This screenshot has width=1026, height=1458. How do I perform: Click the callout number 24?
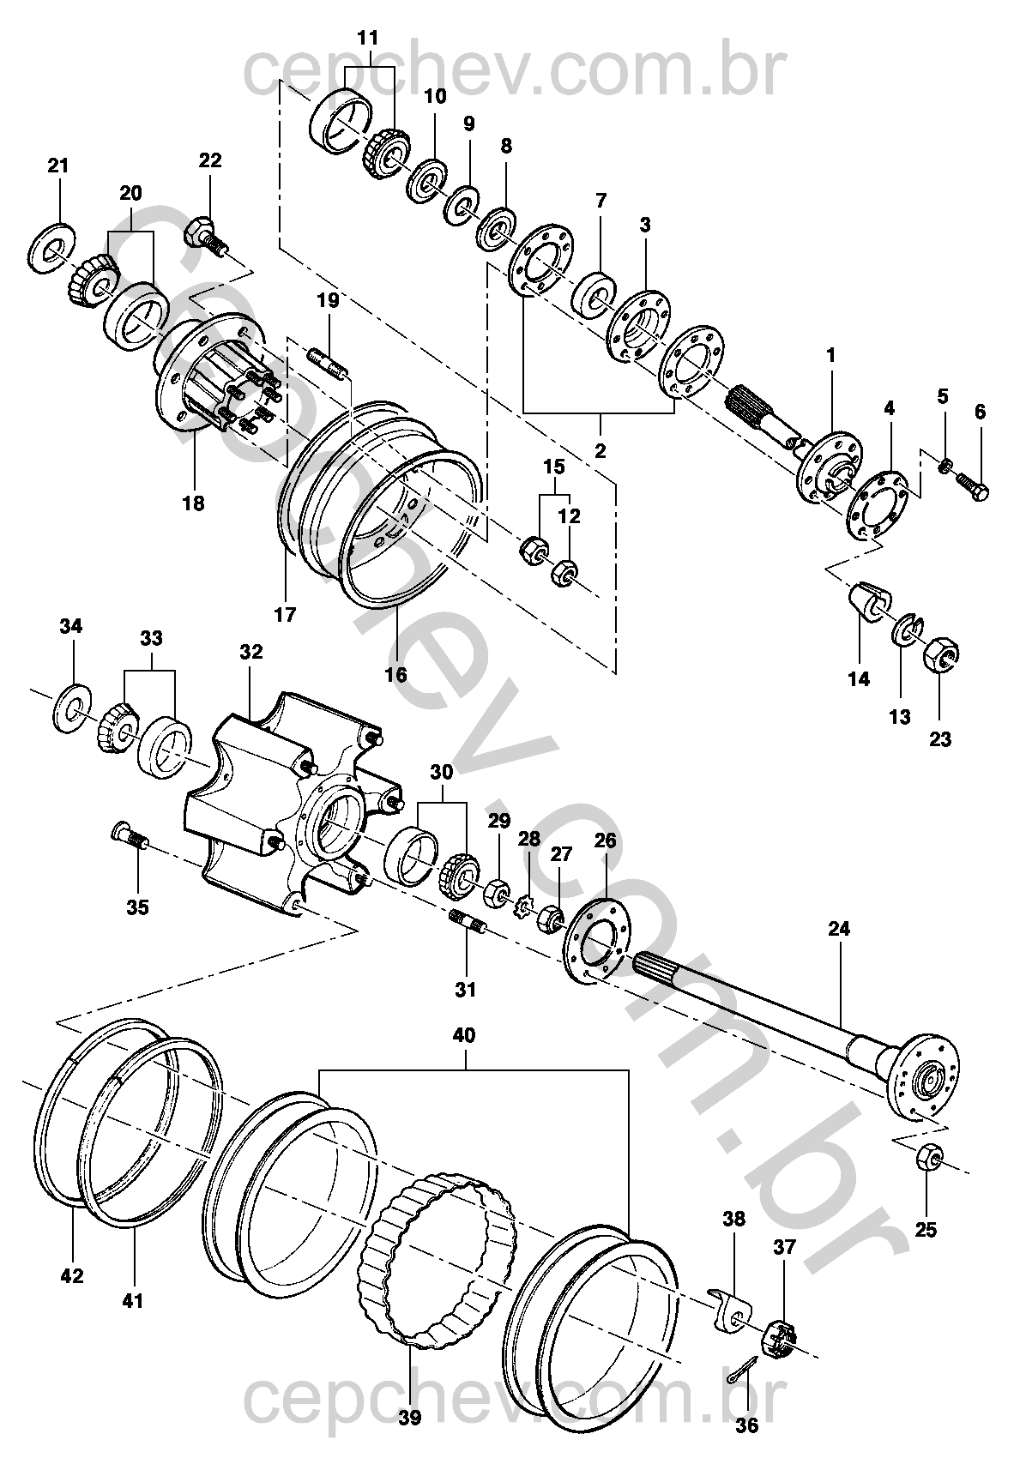[838, 929]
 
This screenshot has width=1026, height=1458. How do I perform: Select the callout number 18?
[193, 503]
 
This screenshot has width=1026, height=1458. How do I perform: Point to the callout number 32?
[251, 652]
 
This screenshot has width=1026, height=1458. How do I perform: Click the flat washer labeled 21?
[52, 248]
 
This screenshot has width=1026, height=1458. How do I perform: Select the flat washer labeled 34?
[72, 707]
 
